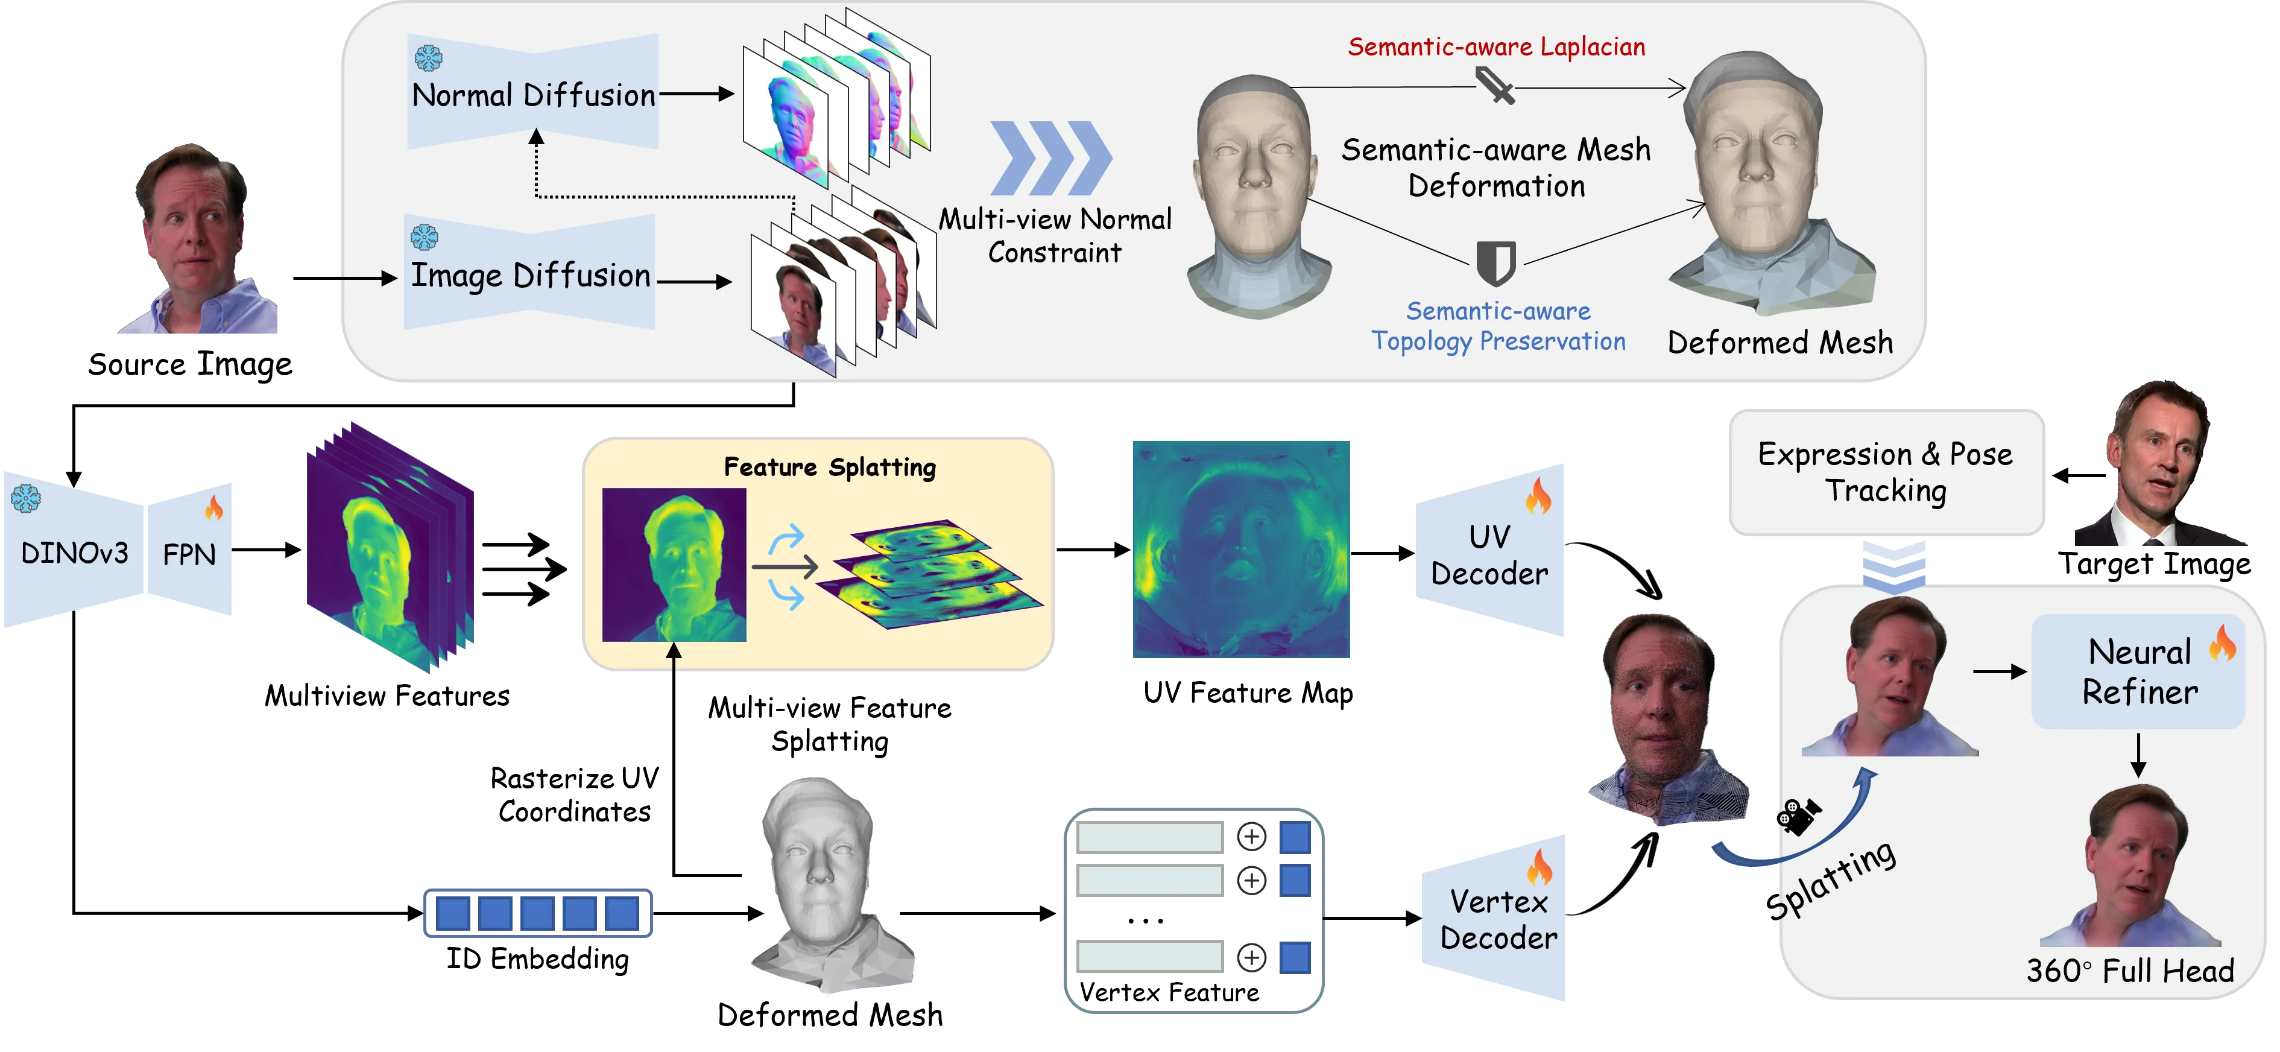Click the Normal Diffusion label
click(x=534, y=95)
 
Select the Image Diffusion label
click(x=531, y=276)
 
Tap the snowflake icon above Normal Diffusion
click(x=429, y=59)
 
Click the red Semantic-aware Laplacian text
click(x=1496, y=47)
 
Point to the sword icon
click(x=1495, y=87)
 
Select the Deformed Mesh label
click(x=1780, y=343)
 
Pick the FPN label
click(x=189, y=555)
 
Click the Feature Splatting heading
click(x=829, y=467)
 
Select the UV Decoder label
click(x=1489, y=555)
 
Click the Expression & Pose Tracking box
click(x=1885, y=472)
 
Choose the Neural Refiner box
click(x=2139, y=672)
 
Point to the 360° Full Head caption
click(x=2129, y=971)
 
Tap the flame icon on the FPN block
click(x=214, y=507)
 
